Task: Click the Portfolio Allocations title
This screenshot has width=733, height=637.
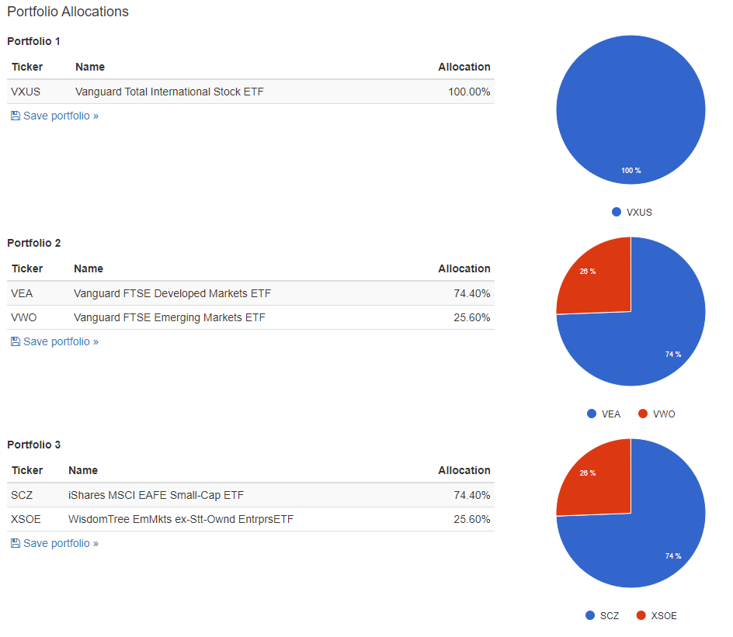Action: [x=68, y=12]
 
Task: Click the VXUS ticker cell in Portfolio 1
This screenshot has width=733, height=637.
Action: [x=26, y=92]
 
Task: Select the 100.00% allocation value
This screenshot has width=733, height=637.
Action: [x=469, y=92]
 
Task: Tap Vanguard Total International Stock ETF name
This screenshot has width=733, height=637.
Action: [x=169, y=92]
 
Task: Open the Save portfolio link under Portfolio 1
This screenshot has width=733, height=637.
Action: [x=54, y=116]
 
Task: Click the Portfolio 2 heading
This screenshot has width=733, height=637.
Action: [x=33, y=243]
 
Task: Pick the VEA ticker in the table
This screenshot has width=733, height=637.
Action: [x=22, y=293]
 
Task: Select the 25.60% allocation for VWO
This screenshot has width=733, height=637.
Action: [x=471, y=317]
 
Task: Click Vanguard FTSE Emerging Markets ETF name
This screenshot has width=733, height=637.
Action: [x=169, y=317]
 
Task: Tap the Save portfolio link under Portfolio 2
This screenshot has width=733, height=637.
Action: [x=54, y=342]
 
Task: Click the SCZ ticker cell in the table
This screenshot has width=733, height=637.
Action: [x=22, y=495]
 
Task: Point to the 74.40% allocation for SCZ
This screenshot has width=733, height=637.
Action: [x=471, y=495]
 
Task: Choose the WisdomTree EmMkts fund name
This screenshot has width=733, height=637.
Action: [x=181, y=519]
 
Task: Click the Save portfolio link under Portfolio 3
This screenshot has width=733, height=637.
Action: [x=54, y=544]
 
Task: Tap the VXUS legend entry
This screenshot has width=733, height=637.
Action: [x=631, y=212]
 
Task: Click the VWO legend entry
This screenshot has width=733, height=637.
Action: [x=657, y=414]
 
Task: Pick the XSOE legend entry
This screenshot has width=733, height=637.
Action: [x=657, y=615]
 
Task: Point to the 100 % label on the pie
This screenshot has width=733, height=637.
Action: [x=631, y=171]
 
